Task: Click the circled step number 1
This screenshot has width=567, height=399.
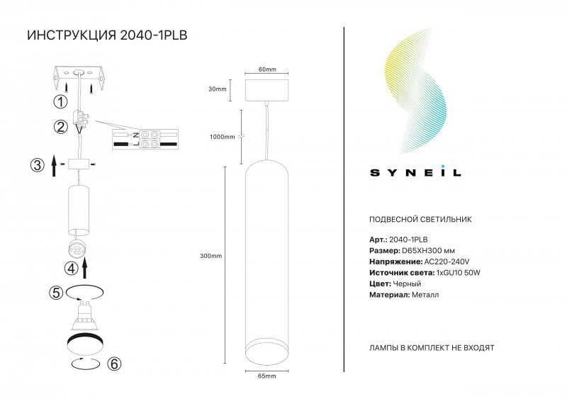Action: [x=60, y=102]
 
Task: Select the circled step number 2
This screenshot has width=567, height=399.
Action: [x=60, y=128]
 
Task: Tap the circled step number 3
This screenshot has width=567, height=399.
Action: [x=37, y=165]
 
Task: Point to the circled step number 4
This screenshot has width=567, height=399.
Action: [x=71, y=269]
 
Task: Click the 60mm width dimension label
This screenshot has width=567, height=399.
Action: [x=267, y=69]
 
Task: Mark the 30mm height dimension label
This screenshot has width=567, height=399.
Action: [x=218, y=89]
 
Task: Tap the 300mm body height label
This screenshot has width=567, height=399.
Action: [x=211, y=256]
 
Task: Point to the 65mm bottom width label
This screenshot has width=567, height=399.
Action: [x=267, y=376]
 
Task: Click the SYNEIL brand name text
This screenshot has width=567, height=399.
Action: [x=416, y=172]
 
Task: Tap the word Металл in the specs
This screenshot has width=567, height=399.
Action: [x=425, y=294]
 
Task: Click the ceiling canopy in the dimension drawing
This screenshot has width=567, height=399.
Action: [x=267, y=89]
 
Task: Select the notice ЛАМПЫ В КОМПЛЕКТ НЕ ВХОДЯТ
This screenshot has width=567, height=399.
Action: [x=432, y=349]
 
